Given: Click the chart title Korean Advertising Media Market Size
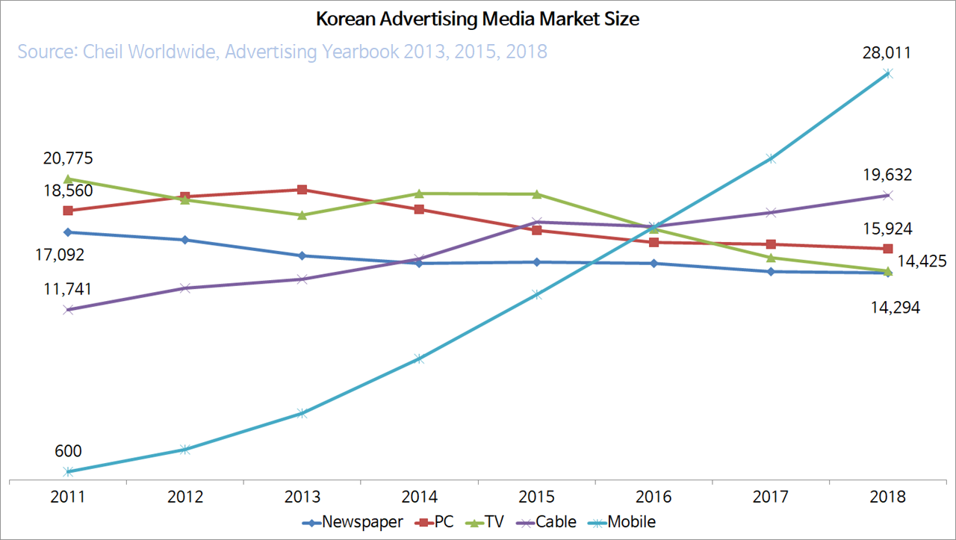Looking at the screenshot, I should (478, 19).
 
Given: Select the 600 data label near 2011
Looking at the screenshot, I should (68, 451).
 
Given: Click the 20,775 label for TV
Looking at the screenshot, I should (68, 158).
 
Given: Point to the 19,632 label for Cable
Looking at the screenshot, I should (887, 175).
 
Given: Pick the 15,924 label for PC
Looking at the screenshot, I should (887, 229).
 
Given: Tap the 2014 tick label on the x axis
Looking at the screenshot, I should (419, 497).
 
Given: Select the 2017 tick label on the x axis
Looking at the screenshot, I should (771, 497).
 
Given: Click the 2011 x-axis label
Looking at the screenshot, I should (68, 497).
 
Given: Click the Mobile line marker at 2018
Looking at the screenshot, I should (888, 73).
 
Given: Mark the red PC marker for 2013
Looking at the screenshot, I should (302, 190).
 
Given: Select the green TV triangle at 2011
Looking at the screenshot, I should (68, 179).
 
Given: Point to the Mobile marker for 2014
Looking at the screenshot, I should (419, 359).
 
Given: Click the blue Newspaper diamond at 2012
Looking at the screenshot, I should (184, 240).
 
